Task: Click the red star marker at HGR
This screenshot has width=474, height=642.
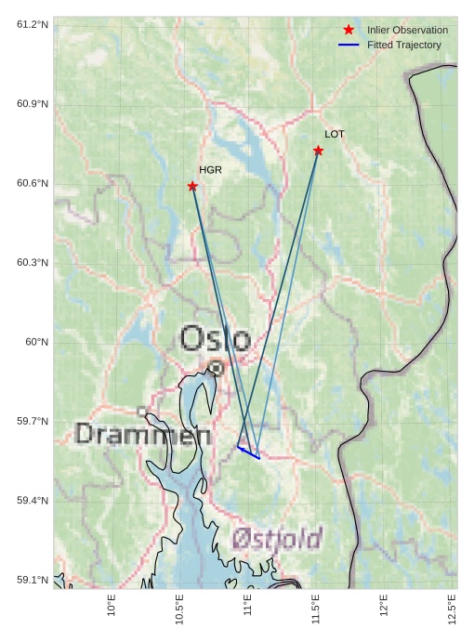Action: coord(192,186)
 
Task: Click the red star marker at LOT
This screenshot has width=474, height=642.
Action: coord(318,151)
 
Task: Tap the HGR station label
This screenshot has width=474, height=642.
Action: coord(210,170)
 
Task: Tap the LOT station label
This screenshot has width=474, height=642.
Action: coord(335,135)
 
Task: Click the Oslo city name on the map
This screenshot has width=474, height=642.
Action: coord(215,339)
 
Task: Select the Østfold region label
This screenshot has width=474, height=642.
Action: coord(277,538)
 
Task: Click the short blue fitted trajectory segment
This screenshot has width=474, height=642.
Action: coord(248,452)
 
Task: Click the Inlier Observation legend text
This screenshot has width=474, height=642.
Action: coord(407,31)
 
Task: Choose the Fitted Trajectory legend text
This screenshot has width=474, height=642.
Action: coord(403,45)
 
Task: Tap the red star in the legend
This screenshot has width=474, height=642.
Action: coord(349,30)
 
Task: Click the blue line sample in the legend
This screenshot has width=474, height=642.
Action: coord(349,45)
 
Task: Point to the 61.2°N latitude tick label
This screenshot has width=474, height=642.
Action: coord(33,23)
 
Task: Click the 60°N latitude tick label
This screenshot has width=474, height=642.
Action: coord(36,342)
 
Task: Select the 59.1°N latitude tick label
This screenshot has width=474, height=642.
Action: coord(33,581)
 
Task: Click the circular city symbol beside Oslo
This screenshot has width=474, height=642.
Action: coord(216,368)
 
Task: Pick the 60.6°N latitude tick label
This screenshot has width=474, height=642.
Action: coord(33,183)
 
